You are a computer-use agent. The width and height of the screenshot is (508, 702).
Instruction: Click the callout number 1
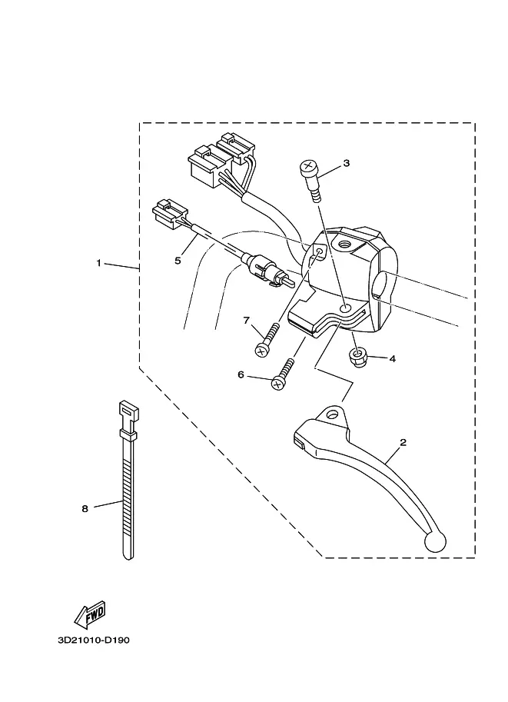coord(99,263)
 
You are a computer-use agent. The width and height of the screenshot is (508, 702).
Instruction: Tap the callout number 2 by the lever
coord(403,442)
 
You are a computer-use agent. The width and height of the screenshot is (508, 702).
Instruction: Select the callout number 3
coord(346,163)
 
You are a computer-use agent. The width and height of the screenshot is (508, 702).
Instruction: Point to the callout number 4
coord(393,358)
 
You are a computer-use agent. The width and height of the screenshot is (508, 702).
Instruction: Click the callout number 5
coord(178,261)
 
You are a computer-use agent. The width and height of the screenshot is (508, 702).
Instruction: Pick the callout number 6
coord(241,374)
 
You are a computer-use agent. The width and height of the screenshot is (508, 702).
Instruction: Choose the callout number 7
coord(246,321)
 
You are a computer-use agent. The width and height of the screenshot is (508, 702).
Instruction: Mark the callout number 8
coord(85,508)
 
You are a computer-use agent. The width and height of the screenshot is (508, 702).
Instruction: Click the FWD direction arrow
coord(90,614)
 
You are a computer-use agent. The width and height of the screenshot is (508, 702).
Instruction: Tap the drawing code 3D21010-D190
coord(94,640)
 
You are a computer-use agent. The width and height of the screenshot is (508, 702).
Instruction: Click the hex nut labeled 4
coord(357,358)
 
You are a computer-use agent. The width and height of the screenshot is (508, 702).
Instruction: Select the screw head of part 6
coord(278,383)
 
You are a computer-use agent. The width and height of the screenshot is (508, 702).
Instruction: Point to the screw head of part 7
coord(261,350)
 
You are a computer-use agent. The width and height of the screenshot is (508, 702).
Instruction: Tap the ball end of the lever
coord(434,541)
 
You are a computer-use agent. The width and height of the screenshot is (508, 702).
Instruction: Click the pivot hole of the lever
coord(332,414)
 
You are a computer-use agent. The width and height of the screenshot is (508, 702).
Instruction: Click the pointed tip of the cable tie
coord(128,558)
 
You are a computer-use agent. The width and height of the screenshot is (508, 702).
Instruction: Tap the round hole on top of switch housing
coord(344,245)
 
